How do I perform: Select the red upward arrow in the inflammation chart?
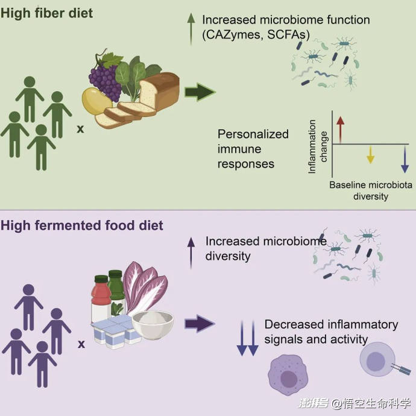pyautogui.click(x=341, y=130)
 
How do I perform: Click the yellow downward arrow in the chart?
pyautogui.click(x=370, y=154)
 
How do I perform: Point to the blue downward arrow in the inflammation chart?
pyautogui.click(x=405, y=159)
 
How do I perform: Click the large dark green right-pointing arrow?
pyautogui.click(x=200, y=92)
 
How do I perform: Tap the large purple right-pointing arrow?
pyautogui.click(x=200, y=324)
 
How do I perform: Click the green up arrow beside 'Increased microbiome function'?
pyautogui.click(x=191, y=29)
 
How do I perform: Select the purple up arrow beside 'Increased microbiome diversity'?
pyautogui.click(x=191, y=253)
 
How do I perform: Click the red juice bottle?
pyautogui.click(x=101, y=298)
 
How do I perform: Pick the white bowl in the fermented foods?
pyautogui.click(x=153, y=326)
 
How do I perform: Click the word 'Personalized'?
pyautogui.click(x=253, y=134)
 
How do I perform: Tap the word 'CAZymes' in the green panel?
pyautogui.click(x=233, y=35)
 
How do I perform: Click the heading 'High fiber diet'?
pyautogui.click(x=46, y=13)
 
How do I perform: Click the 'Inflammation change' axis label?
pyautogui.click(x=317, y=147)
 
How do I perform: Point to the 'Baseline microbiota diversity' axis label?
pyautogui.click(x=371, y=191)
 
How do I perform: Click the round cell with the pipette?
pyautogui.click(x=377, y=359)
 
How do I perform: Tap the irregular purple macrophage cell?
pyautogui.click(x=288, y=375)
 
